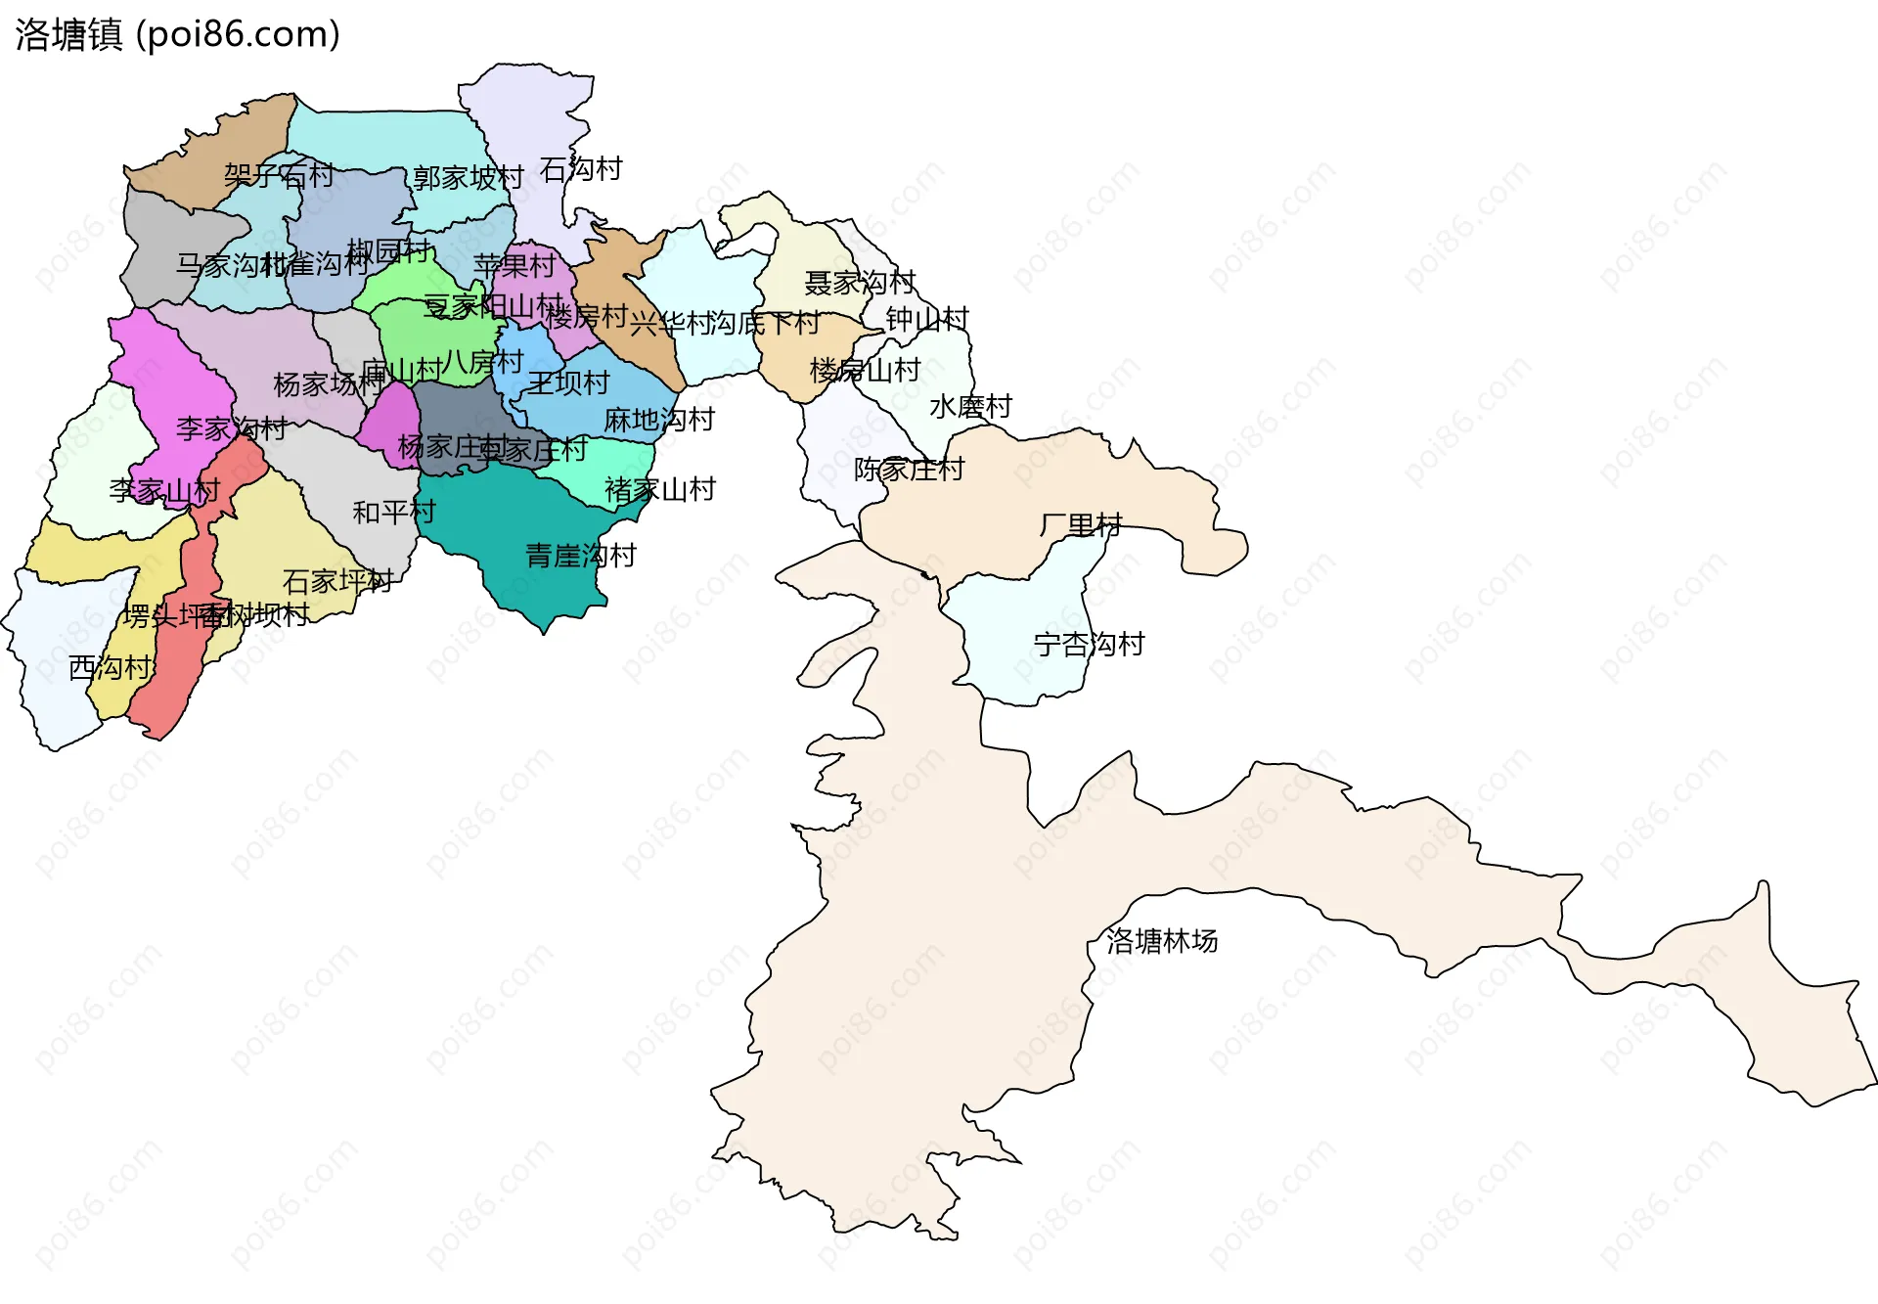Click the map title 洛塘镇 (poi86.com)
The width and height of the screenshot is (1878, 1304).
point(177,35)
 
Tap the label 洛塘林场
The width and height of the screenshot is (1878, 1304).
point(1162,941)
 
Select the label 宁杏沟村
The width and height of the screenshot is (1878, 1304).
point(1089,645)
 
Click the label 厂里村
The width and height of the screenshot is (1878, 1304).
point(1080,525)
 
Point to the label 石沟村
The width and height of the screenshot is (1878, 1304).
point(581,169)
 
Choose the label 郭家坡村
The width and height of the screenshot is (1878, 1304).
point(468,178)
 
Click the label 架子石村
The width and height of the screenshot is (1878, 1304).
point(279,175)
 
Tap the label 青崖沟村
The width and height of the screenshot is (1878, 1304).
point(581,556)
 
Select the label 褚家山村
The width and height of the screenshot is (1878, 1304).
point(660,489)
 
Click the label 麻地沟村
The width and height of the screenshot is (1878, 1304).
point(659,420)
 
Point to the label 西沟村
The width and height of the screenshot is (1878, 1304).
point(111,668)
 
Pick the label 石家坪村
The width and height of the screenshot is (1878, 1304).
point(337,581)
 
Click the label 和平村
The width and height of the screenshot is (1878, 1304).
point(393,512)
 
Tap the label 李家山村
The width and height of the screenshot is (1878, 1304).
point(164,491)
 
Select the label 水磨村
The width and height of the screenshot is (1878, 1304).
point(970,406)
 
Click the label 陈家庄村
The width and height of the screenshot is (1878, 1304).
point(909,470)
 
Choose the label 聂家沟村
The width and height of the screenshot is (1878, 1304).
point(860,283)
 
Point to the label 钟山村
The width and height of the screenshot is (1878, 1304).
point(926,319)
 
